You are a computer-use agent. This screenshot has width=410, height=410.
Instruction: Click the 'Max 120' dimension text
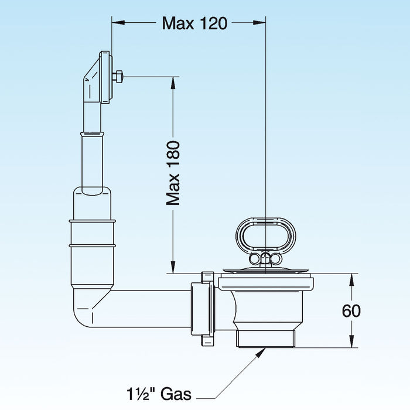click(194, 23)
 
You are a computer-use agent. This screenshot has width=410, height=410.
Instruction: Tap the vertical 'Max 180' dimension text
click(173, 173)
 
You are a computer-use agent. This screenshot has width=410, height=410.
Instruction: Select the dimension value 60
click(351, 310)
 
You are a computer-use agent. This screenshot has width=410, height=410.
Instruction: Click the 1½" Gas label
click(159, 394)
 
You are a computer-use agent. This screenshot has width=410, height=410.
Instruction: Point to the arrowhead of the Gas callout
click(260, 353)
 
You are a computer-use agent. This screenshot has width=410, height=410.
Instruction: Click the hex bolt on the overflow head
click(118, 77)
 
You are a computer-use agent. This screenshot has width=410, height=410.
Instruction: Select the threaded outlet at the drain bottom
click(266, 339)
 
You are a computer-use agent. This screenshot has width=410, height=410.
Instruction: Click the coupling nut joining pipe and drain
click(203, 309)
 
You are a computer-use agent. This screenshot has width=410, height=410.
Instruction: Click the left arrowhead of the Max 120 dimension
click(118, 23)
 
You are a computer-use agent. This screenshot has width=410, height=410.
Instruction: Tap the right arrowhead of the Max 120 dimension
click(259, 23)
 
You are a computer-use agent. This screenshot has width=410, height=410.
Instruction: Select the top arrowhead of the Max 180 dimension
click(173, 83)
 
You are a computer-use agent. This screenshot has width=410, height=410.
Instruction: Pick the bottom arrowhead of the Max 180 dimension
click(173, 267)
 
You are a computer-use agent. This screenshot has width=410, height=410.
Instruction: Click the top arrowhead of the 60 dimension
click(351, 280)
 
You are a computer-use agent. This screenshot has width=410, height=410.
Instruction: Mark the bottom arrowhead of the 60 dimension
click(351, 341)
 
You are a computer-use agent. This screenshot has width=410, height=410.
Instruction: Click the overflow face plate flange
click(106, 77)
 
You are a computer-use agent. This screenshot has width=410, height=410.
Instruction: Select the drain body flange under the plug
click(266, 283)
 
